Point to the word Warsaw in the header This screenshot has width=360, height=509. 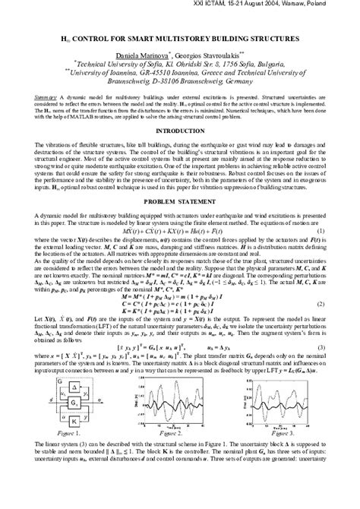(294, 6)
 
